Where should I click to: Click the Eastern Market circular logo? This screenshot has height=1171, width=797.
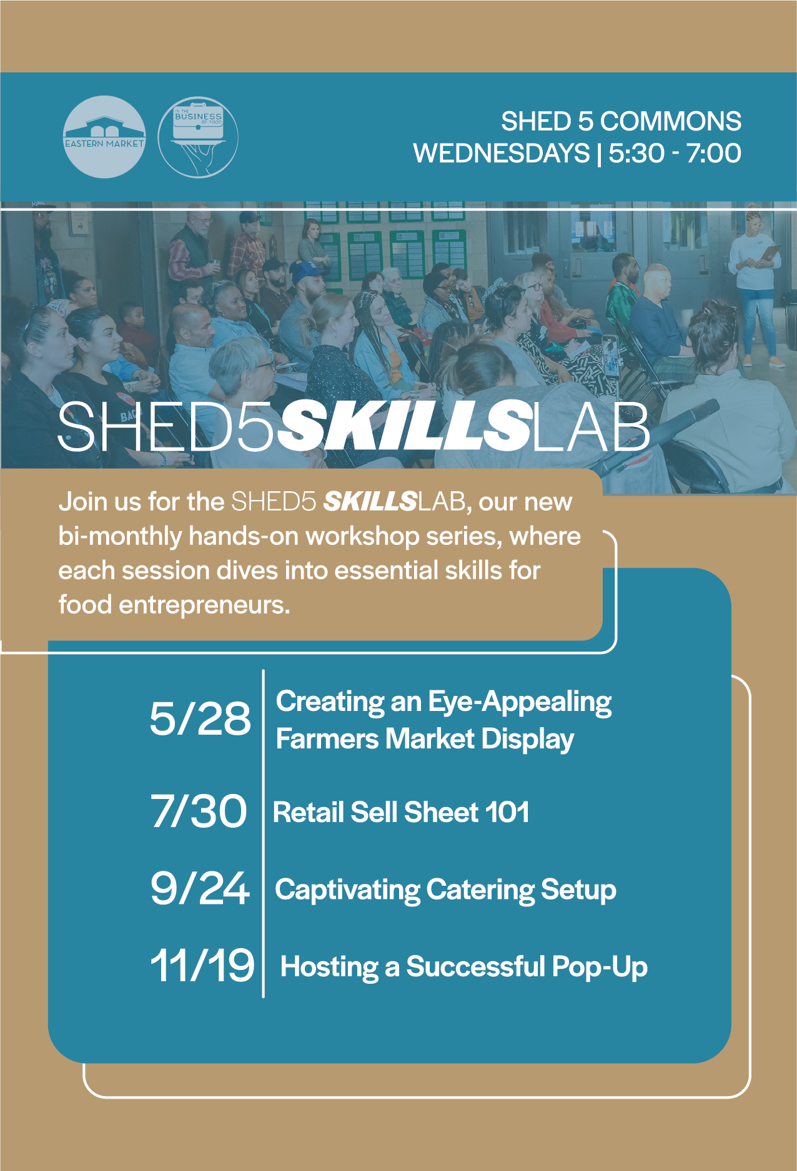104,137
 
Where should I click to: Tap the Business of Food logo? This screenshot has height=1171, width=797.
198,137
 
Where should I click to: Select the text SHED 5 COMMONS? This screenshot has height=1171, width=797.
621,121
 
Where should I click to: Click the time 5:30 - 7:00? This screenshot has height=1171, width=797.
675,154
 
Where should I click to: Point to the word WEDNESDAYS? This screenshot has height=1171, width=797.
502,154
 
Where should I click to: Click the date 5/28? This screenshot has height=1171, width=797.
200,718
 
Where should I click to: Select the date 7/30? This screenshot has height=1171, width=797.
199,811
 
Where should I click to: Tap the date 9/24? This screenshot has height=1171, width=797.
200,888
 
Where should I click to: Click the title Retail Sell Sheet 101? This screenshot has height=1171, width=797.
401,812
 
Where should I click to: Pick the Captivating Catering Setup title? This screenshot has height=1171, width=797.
445,890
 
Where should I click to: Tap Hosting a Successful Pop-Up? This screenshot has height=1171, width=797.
464,967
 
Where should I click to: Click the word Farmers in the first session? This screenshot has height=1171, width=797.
327,738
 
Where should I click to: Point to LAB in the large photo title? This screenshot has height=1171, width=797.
591,426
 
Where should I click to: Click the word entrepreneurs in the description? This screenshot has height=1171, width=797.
204,605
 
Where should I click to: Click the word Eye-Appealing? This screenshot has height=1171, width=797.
520,703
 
